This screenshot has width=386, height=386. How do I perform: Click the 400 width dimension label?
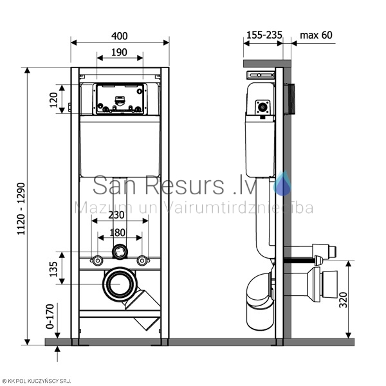pyautogui.click(x=120, y=36)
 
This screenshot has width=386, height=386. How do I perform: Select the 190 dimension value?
pyautogui.click(x=119, y=52)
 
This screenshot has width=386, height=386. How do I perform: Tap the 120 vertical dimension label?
pyautogui.click(x=53, y=100)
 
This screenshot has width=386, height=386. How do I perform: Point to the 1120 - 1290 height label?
pyautogui.click(x=21, y=208)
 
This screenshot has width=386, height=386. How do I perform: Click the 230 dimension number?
pyautogui.click(x=116, y=215)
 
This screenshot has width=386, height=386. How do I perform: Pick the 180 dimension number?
pyautogui.click(x=117, y=232)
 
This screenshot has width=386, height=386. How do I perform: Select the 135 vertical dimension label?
pyautogui.click(x=53, y=269)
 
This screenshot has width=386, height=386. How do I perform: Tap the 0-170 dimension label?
pyautogui.click(x=50, y=317)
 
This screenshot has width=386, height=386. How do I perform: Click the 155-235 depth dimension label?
pyautogui.click(x=264, y=35)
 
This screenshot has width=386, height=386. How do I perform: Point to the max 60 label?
pyautogui.click(x=316, y=35)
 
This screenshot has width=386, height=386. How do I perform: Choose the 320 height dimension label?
pyautogui.click(x=343, y=300)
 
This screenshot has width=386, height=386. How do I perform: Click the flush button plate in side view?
pyautogui.click(x=289, y=99)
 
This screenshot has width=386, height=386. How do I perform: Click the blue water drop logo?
pyautogui.click(x=283, y=183)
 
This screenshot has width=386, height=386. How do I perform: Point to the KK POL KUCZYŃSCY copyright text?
pyautogui.click(x=36, y=381)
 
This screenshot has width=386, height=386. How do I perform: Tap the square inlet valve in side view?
pyautogui.click(x=263, y=107)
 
